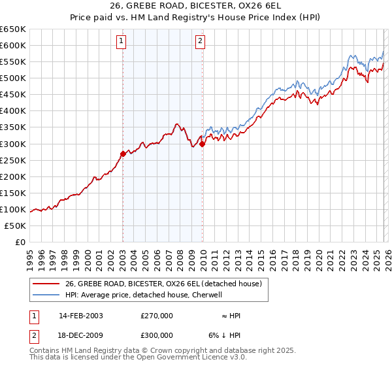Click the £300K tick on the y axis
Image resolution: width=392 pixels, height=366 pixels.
click(13, 144)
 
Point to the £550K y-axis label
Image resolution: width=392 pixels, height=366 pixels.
click(13, 61)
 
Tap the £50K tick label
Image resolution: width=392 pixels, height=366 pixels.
click(16, 225)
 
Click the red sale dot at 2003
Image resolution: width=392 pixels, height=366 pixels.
click(123, 154)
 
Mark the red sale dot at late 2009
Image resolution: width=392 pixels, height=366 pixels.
click(202, 144)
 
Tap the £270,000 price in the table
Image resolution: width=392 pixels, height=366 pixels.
click(157, 316)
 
